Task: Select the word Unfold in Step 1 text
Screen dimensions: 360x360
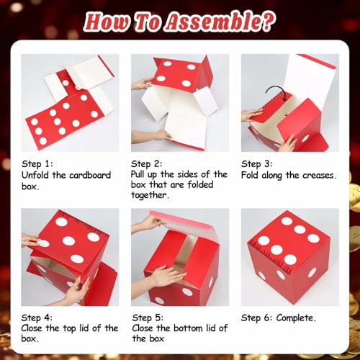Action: click(37, 174)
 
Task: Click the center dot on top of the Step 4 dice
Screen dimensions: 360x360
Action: click(69, 241)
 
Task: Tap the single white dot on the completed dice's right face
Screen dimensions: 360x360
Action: click(312, 273)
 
